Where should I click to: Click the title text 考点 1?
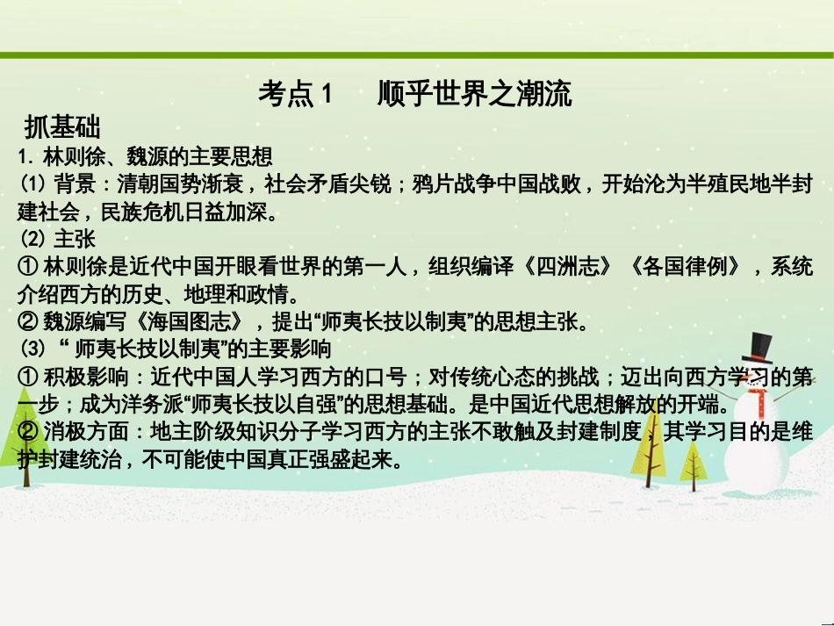point(297,93)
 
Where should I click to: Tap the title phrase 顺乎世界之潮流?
point(475,93)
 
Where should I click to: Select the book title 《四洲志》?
point(563,268)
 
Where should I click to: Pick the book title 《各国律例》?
point(684,268)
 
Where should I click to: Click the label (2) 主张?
point(57,239)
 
